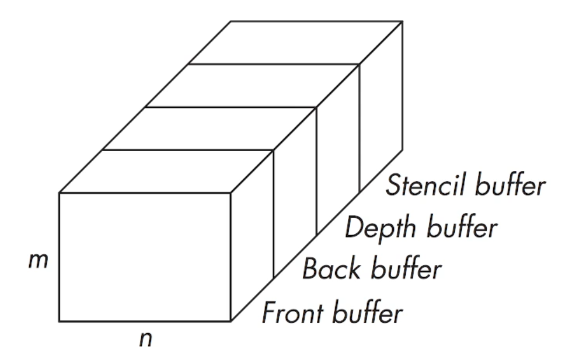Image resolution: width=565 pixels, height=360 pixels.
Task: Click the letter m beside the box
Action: [39, 261]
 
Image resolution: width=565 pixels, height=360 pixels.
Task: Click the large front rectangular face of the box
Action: [145, 257]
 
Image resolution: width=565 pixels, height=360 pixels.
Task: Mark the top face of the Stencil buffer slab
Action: [295, 43]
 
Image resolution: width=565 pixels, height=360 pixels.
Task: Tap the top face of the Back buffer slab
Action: [209, 128]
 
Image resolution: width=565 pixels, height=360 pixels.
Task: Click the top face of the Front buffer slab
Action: [166, 172]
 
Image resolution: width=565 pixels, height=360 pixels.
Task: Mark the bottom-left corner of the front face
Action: [60, 321]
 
